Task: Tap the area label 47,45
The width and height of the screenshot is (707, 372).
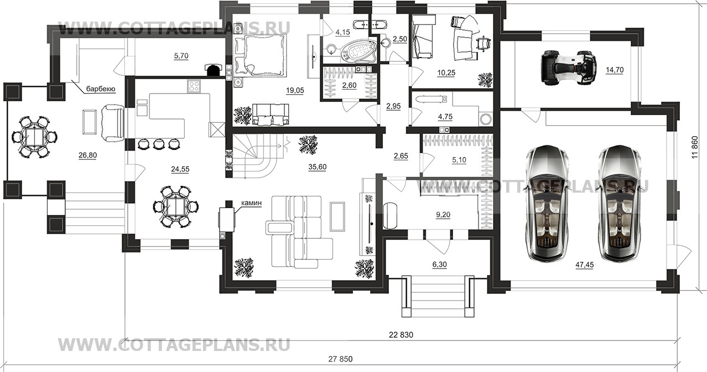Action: coord(585,265)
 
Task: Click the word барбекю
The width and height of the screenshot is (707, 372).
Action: coord(101,89)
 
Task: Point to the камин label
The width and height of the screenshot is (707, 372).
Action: coord(252,203)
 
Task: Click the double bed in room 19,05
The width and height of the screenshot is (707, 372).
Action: coord(260,55)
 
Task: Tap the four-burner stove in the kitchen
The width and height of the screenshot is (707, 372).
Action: coord(194,86)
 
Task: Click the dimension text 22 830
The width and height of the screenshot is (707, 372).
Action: coord(401,335)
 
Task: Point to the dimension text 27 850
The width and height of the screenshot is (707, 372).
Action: coord(340,359)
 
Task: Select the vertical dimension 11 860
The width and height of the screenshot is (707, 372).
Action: coord(695,147)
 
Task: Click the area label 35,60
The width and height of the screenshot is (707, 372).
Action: coord(318,167)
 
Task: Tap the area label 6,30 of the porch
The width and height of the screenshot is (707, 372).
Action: coord(439,264)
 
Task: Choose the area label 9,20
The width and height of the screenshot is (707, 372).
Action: coord(443,215)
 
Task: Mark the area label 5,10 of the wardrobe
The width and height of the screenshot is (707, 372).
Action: coord(459,160)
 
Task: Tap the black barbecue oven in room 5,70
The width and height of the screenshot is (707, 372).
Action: coord(213,70)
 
